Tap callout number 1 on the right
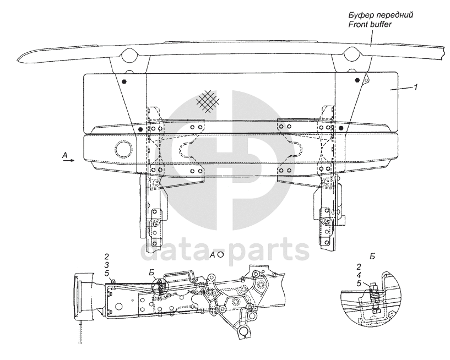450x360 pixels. point(416,87)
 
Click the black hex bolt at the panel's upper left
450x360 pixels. point(126,81)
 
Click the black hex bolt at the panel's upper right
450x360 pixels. point(357,80)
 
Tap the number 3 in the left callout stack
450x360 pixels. point(107,265)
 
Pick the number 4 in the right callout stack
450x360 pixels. point(359,275)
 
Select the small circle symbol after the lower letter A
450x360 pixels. point(220,255)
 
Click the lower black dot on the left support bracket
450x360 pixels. point(141,129)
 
